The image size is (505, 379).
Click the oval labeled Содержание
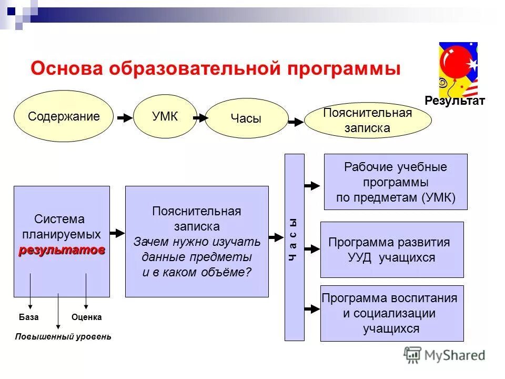coord(64,116)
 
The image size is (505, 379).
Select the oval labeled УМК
coord(165,116)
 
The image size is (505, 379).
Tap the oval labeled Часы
coord(246,119)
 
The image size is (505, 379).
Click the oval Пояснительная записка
coord(368,121)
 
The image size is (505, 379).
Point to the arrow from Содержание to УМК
coord(125,118)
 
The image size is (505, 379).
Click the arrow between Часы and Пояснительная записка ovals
coord(296,122)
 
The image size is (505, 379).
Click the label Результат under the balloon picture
coord(454,101)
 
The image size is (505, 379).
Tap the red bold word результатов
coord(62,250)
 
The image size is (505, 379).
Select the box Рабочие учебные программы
coord(396,182)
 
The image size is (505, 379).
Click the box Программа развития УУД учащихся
coord(392,250)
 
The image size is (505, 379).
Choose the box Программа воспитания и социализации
coord(392,313)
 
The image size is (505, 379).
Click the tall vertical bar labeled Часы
coord(294,247)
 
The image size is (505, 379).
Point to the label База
coord(28,317)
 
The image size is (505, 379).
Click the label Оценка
coord(86,317)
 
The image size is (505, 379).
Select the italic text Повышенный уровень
coord(63,336)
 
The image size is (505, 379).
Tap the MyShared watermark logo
coord(445,355)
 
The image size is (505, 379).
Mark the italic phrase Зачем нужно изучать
coord(196,242)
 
